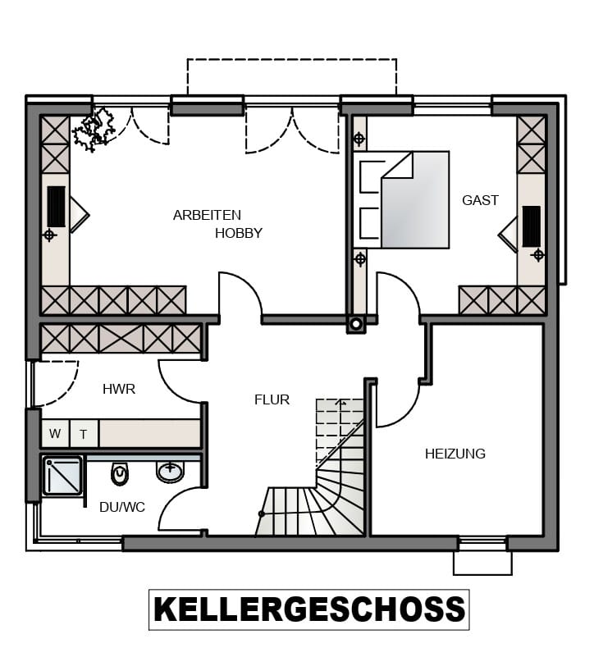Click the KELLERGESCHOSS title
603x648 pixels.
point(309,609)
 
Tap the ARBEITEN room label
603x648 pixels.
point(207,215)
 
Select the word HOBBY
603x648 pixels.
point(239,233)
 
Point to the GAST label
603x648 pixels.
point(480,200)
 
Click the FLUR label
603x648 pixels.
point(272,399)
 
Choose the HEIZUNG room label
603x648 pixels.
point(455,454)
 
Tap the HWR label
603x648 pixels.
point(119,389)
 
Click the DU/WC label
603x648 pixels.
point(122,507)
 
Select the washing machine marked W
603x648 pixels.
point(56,433)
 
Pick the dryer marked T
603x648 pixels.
point(84,434)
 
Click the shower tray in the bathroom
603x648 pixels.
point(62,476)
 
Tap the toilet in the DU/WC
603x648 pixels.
point(120,473)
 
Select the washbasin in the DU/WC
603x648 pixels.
point(170,472)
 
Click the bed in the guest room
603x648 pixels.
point(402,200)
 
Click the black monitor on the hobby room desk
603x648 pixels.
point(57,207)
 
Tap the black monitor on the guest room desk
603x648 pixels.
point(532,226)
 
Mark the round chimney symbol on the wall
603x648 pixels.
point(356,325)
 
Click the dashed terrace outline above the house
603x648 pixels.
point(292,60)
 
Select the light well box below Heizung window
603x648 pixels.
point(482,563)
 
